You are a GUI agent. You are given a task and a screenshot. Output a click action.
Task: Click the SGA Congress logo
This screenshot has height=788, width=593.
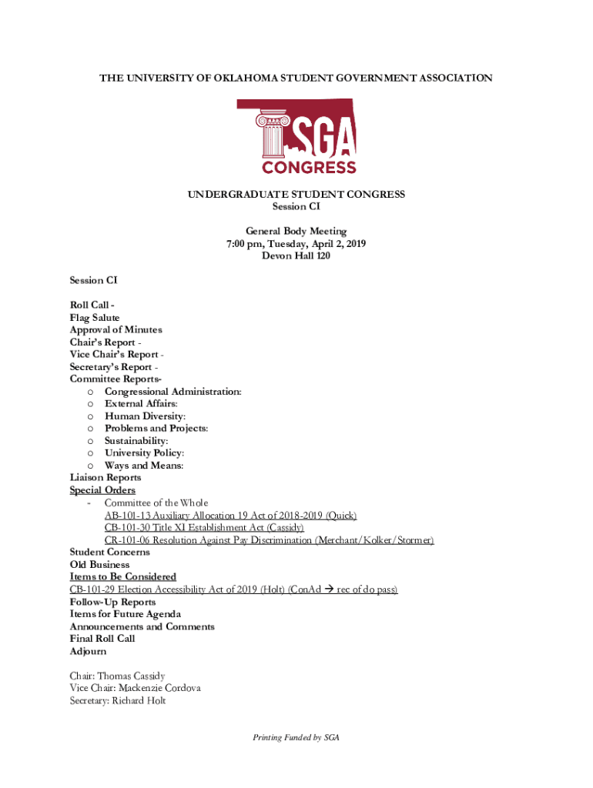click(296, 136)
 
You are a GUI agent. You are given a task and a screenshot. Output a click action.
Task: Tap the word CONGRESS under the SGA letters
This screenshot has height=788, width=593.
click(309, 167)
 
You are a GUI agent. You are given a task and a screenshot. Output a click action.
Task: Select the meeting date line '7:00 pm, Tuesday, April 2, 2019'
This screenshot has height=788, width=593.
click(296, 244)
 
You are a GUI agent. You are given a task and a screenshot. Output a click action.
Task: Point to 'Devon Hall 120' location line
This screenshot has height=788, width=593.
click(296, 256)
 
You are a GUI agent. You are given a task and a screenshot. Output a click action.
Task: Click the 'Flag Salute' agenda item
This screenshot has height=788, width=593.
click(95, 317)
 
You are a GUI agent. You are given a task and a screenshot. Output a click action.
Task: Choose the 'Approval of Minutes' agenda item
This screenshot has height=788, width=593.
click(116, 329)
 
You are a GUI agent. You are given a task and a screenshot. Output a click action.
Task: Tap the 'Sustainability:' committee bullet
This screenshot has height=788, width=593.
click(136, 441)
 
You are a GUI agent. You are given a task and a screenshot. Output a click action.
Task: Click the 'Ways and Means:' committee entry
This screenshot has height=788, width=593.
click(144, 466)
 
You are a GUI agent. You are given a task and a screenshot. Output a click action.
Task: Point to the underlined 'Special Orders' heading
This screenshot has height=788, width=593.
click(102, 490)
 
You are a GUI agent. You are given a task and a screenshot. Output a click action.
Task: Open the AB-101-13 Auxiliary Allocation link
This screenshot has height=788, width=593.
click(230, 516)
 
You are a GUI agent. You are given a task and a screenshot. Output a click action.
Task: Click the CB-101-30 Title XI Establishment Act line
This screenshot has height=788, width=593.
click(204, 528)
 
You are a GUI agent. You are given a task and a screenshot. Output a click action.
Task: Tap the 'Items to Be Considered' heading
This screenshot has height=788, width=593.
click(122, 576)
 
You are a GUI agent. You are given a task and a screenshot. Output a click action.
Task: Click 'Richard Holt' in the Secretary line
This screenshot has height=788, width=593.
click(139, 701)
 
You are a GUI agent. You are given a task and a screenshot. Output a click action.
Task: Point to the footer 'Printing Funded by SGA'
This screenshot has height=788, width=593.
click(296, 737)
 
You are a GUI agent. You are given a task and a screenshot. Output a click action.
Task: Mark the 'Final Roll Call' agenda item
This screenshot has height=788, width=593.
click(102, 639)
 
